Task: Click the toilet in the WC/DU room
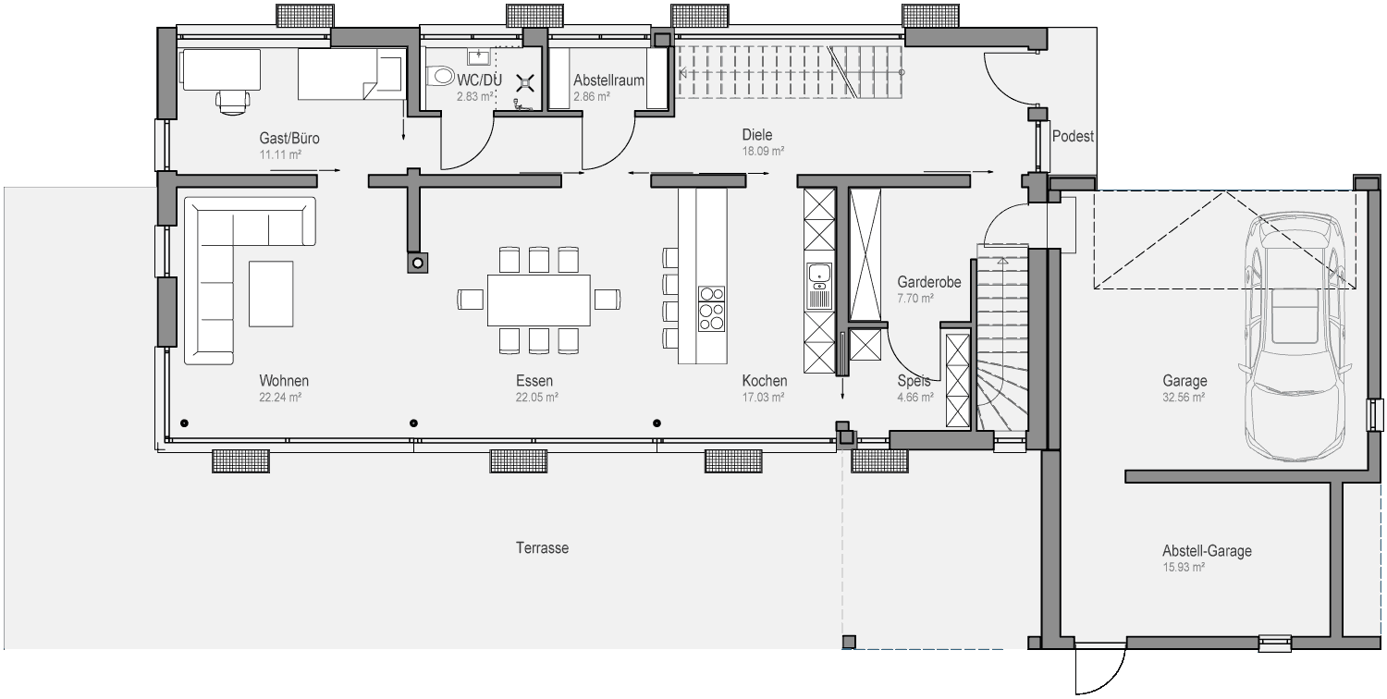[441, 76]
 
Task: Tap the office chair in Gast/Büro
[232, 102]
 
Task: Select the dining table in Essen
[539, 300]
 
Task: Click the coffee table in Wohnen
[271, 293]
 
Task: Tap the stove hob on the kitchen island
[711, 309]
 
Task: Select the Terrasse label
[543, 548]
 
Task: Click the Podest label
[1073, 136]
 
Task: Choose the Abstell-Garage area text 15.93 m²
[1184, 567]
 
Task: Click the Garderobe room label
[928, 282]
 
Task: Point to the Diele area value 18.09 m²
[764, 151]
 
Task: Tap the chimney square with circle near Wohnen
[418, 264]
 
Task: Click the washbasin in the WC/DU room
[479, 57]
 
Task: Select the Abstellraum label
[608, 80]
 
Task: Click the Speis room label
[914, 380]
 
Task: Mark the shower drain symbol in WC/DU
[526, 82]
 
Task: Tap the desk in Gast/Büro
[220, 70]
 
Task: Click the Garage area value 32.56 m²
[1184, 398]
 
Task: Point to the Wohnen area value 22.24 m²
[280, 398]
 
